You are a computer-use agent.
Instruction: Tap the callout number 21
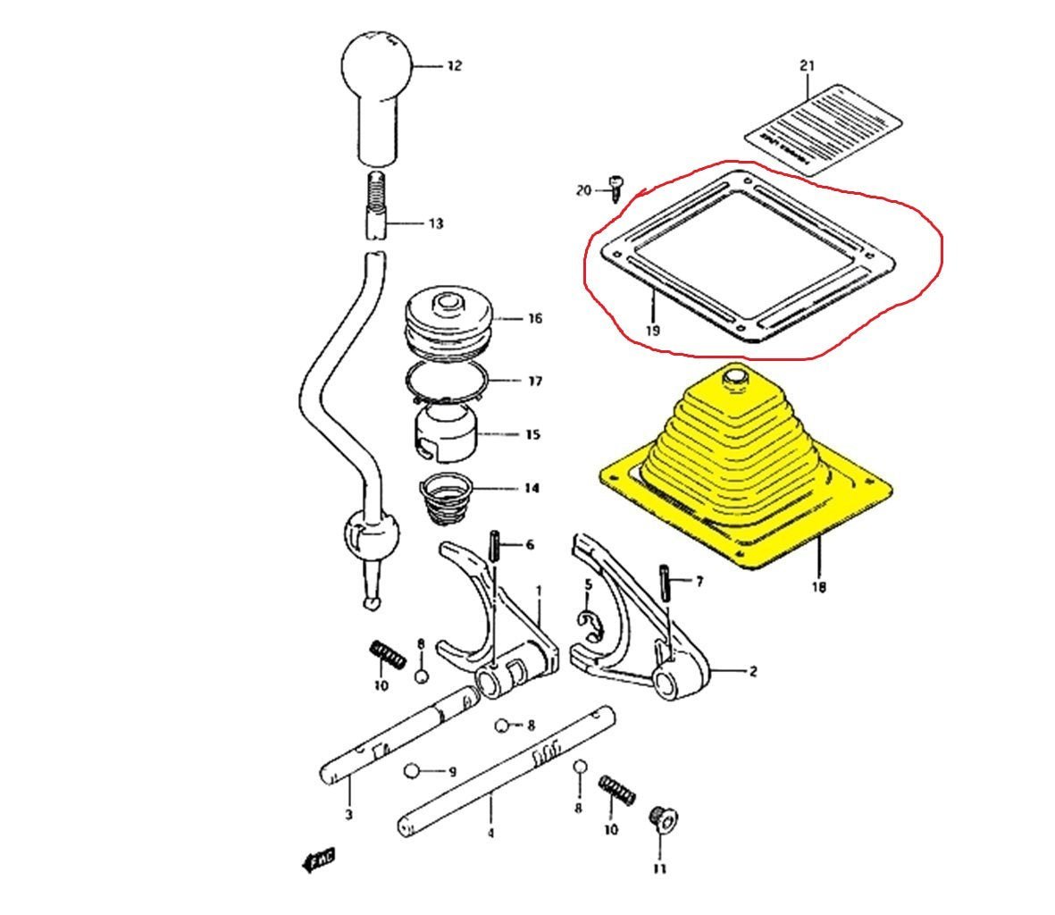click(x=807, y=66)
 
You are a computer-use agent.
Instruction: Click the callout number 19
click(x=653, y=330)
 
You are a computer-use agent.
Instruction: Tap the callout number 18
click(x=818, y=587)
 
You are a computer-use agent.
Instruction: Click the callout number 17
click(x=534, y=382)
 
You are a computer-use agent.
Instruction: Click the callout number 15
click(x=532, y=435)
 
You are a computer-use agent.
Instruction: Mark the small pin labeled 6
click(x=492, y=546)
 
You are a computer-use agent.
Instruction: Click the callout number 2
click(x=752, y=671)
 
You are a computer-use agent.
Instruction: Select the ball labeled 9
click(x=411, y=770)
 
